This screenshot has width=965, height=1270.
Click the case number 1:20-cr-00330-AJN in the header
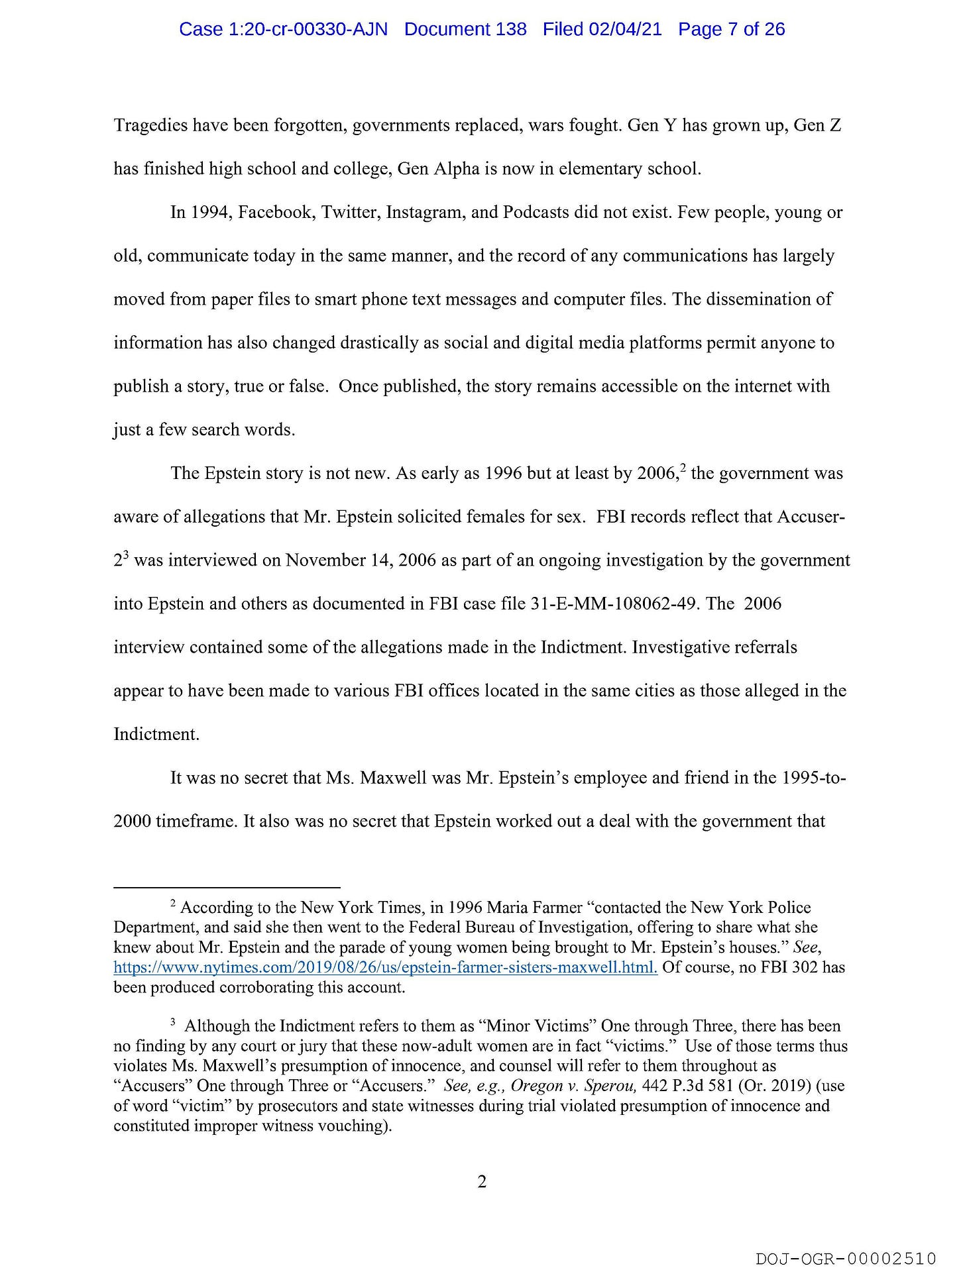pyautogui.click(x=283, y=29)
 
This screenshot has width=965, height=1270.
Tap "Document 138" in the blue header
pyautogui.click(x=465, y=29)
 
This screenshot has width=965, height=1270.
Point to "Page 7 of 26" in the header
pyautogui.click(x=731, y=29)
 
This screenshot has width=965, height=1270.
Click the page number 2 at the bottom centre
pyautogui.click(x=482, y=1181)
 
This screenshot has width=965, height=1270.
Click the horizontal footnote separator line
pyautogui.click(x=227, y=886)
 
